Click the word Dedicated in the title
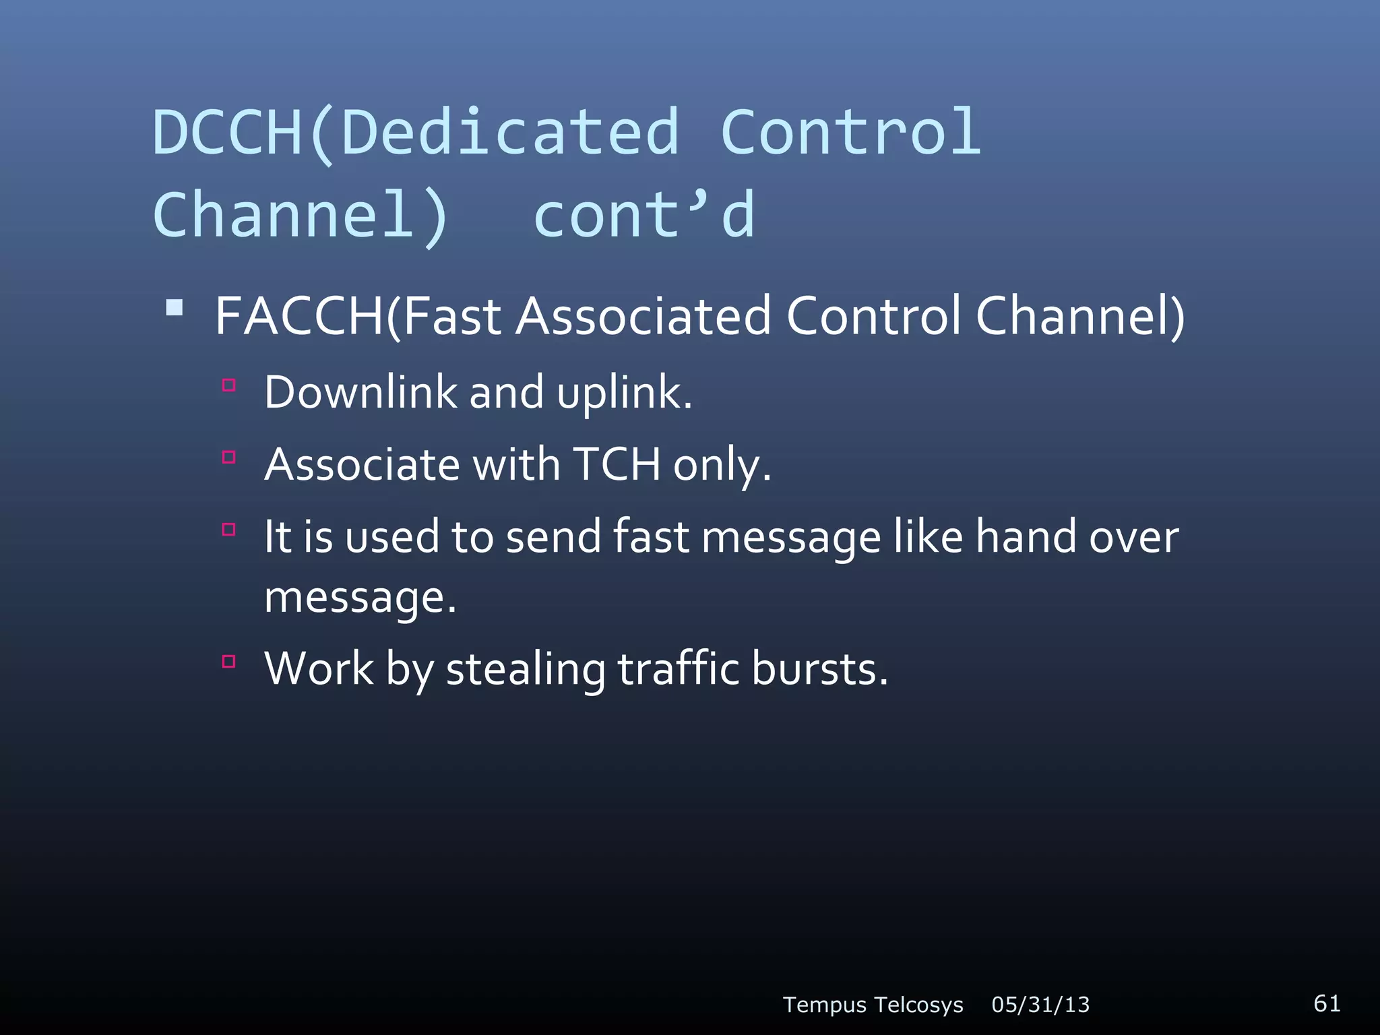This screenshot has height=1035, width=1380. tap(510, 133)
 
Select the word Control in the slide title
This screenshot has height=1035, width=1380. tap(850, 133)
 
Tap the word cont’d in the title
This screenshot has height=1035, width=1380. tap(644, 216)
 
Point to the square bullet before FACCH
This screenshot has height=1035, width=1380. tap(175, 309)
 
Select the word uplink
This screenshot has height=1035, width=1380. tap(624, 394)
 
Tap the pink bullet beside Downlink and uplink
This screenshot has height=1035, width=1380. tap(229, 385)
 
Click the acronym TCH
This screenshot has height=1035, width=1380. tap(617, 464)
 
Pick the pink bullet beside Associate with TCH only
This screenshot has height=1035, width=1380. tap(229, 458)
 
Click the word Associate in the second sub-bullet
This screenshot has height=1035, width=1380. tap(363, 464)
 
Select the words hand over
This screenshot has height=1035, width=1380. tap(1077, 537)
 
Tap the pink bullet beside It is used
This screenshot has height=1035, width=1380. tap(229, 530)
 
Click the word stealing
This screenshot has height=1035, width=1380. tap(526, 670)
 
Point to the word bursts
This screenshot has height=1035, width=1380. tap(819, 669)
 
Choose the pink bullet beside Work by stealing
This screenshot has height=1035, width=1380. tap(229, 662)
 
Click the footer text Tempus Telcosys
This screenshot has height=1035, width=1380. tap(873, 1005)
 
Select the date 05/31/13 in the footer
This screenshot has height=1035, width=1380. tap(1040, 1005)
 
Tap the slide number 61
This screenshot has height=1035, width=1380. tap(1326, 1003)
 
